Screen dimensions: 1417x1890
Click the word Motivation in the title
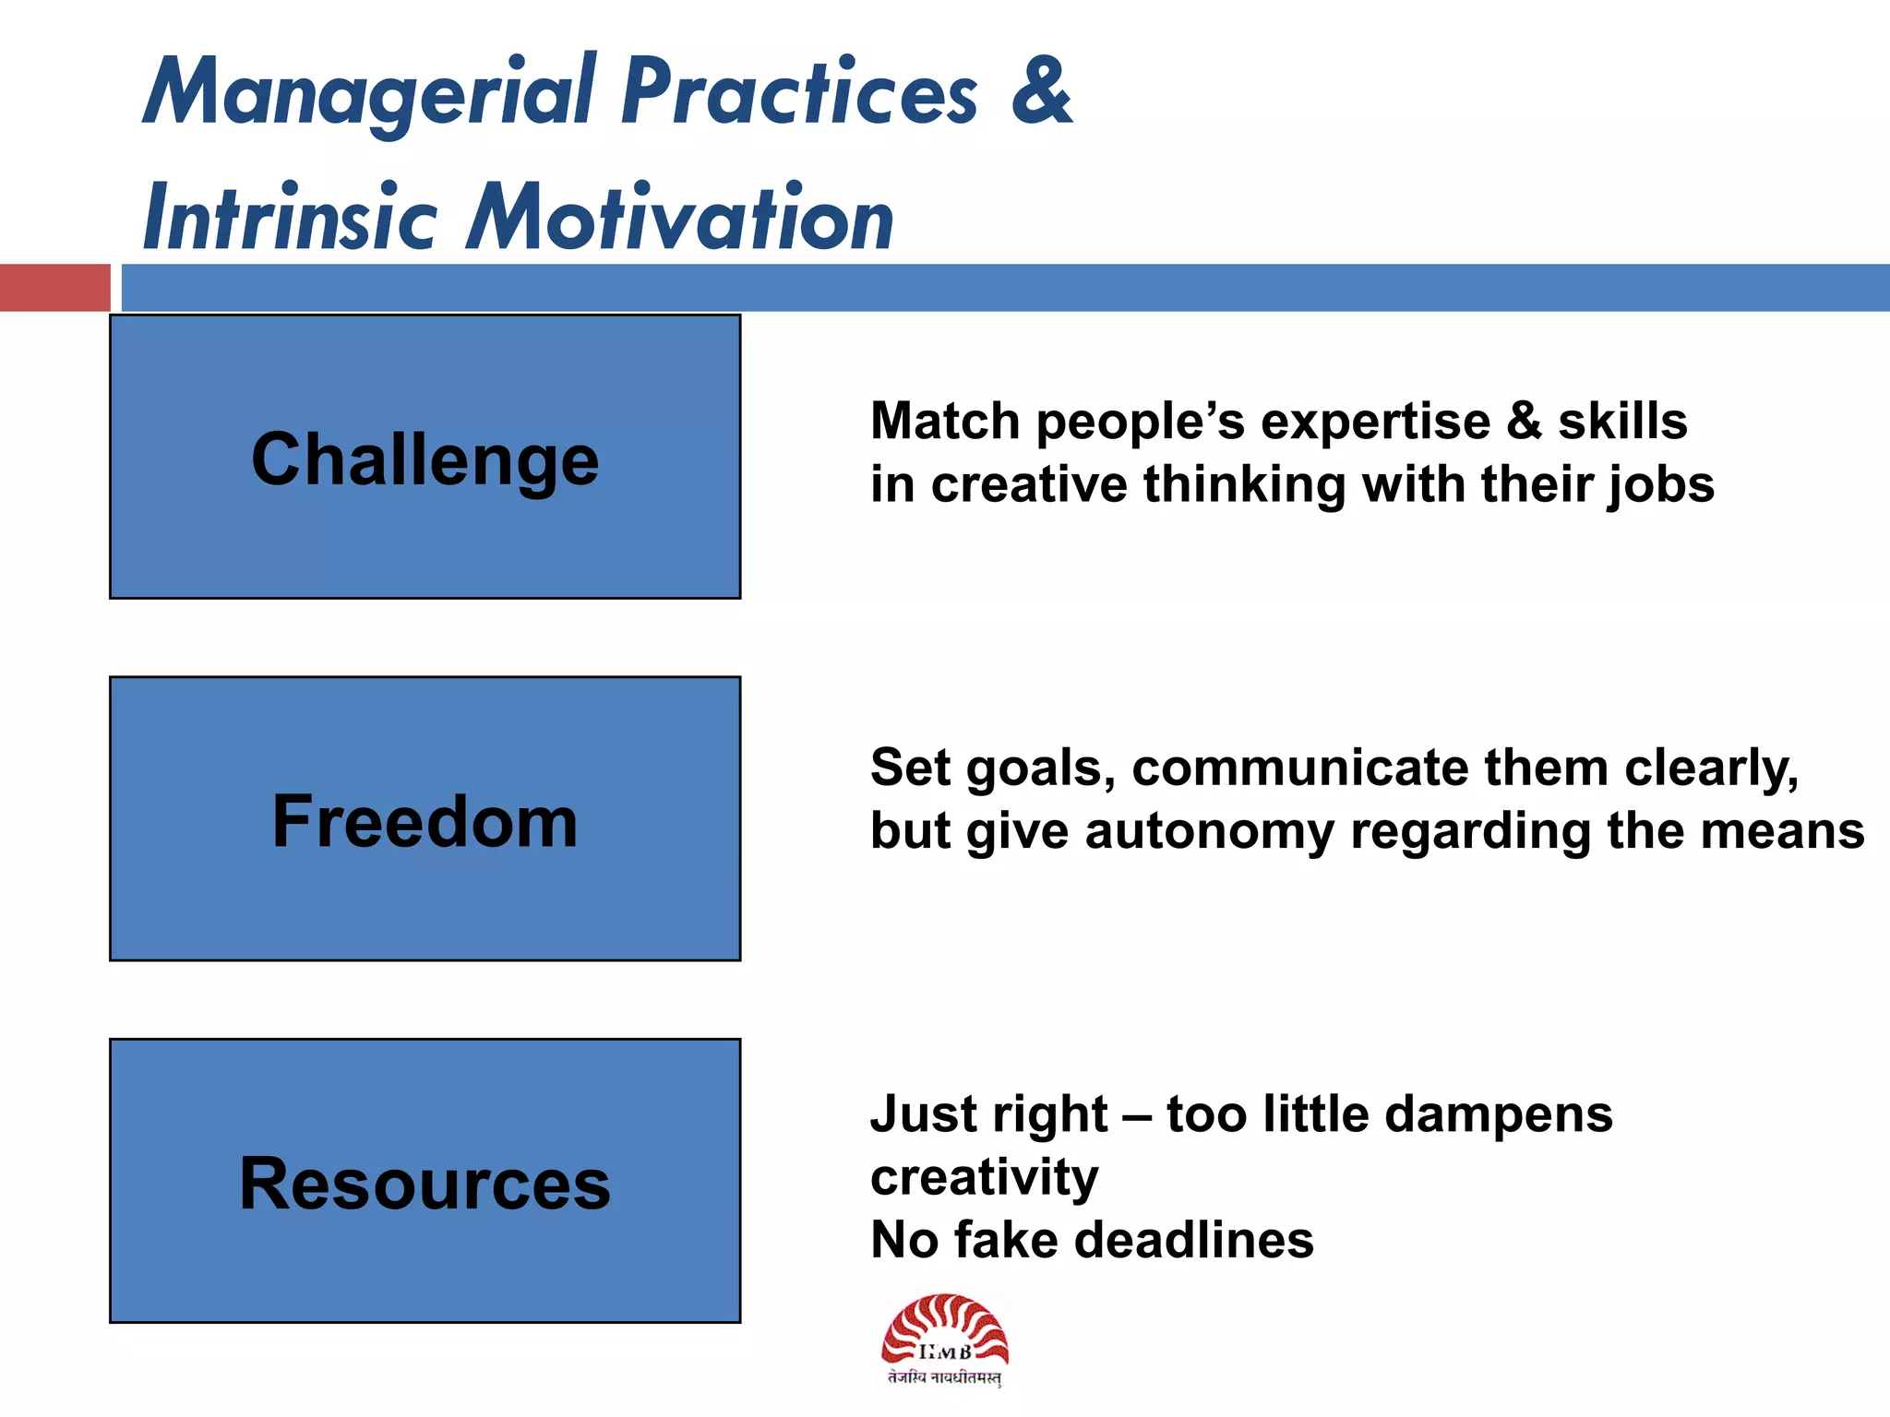pyautogui.click(x=680, y=219)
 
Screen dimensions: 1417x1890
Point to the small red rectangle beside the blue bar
pyautogui.click(x=54, y=287)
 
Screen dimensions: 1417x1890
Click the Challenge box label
pyautogui.click(x=425, y=459)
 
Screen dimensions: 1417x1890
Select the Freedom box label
pyautogui.click(x=425, y=821)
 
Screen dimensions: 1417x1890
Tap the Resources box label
pyautogui.click(x=425, y=1184)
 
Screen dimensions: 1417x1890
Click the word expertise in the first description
pyautogui.click(x=1375, y=423)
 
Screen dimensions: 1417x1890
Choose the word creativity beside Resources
pyautogui.click(x=984, y=1178)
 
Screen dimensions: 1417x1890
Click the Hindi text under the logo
pyautogui.click(x=944, y=1378)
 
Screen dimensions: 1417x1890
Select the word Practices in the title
pyautogui.click(x=799, y=92)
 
